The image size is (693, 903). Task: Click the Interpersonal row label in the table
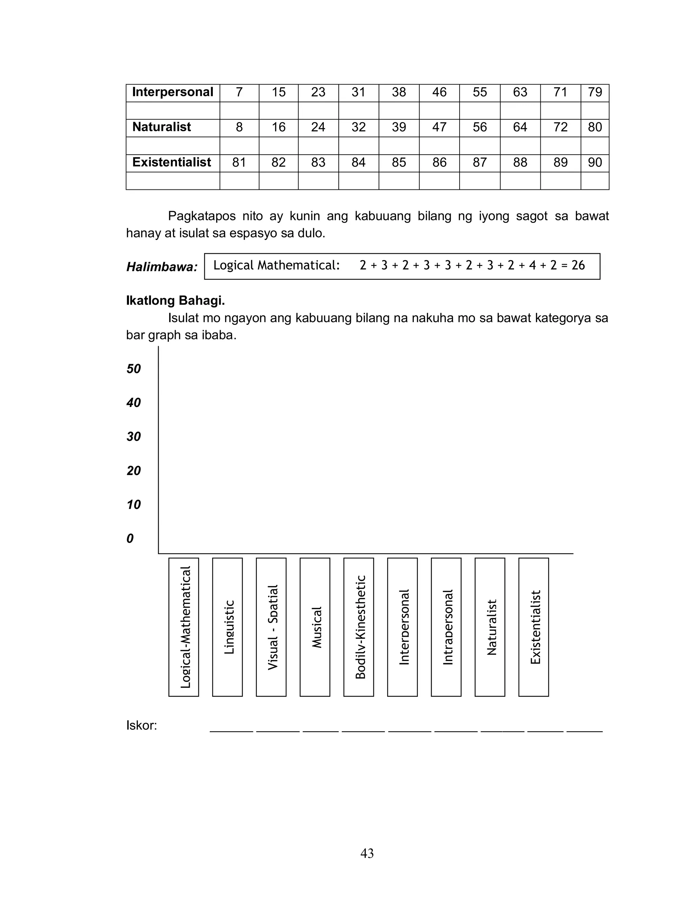click(173, 92)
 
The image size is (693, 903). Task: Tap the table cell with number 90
click(595, 162)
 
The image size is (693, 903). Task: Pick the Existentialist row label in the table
click(172, 162)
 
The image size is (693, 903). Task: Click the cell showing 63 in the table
click(520, 92)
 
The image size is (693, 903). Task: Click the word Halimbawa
click(162, 267)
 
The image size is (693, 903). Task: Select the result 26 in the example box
click(578, 265)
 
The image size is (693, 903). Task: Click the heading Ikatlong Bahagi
click(175, 300)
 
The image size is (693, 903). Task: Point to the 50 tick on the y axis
click(134, 369)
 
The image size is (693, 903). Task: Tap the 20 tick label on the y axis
click(134, 471)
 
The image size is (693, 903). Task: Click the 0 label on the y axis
click(130, 539)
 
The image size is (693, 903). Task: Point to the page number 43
click(367, 853)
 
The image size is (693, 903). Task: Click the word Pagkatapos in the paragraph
click(202, 216)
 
